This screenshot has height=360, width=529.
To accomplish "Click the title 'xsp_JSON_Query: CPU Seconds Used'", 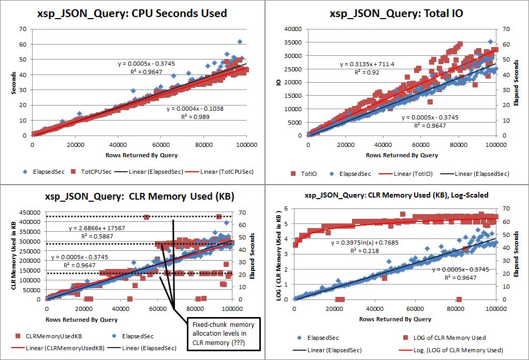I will (x=132, y=13).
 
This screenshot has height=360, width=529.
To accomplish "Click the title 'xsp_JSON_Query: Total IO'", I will (x=396, y=13).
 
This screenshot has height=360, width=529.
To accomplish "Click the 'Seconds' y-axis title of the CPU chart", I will (x=14, y=82).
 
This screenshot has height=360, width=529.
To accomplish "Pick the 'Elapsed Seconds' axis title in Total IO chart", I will (x=516, y=82).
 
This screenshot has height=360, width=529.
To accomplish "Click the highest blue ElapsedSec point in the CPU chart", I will (x=240, y=41).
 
